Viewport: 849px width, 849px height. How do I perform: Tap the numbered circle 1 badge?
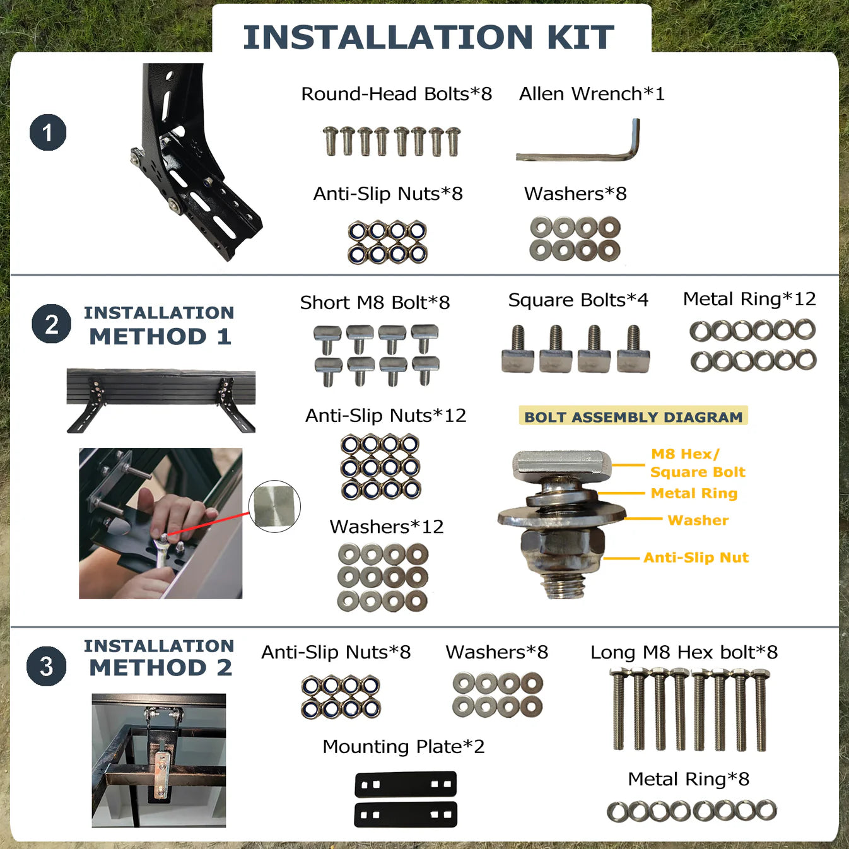coord(48,132)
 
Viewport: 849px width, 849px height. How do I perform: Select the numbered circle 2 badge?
coord(52,324)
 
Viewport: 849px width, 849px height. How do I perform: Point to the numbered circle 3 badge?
coord(47,665)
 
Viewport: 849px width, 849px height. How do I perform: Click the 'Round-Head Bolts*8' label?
coord(397,94)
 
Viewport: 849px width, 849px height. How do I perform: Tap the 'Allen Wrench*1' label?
coord(592,94)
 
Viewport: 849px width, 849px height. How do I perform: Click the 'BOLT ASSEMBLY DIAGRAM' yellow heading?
coord(633,416)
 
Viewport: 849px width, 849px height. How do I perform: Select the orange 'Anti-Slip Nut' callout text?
coord(696,558)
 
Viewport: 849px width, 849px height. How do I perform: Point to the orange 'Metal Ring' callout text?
coord(694,493)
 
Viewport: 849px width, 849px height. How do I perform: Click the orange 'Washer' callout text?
coord(698,520)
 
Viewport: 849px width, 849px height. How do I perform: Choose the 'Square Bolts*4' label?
coord(578,300)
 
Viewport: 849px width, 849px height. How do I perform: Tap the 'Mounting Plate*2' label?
coord(404,746)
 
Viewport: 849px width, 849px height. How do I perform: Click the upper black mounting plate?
coord(406,784)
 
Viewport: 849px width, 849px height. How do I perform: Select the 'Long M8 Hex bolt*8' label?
coord(684,652)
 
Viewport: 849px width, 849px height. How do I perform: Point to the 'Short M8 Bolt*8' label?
coord(375,302)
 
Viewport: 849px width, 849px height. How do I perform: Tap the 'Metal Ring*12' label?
coord(749,299)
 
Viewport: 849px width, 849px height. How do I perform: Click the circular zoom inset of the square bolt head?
coord(274,506)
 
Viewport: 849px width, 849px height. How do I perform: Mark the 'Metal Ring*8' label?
coord(689,779)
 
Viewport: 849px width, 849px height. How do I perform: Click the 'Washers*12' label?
coord(387,527)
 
